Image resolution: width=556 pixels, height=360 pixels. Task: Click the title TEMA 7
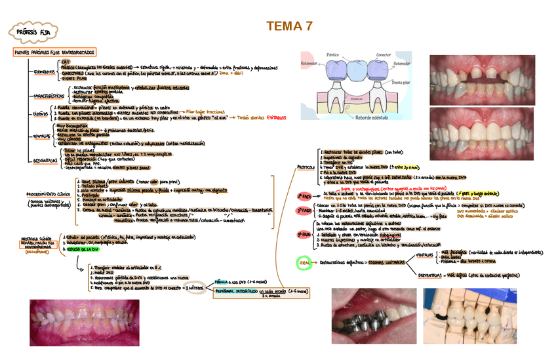[288, 27]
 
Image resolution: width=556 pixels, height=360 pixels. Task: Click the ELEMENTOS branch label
[44, 71]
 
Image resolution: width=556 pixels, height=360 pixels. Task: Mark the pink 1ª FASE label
[304, 196]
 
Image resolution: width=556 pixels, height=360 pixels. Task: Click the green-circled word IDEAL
[304, 262]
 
